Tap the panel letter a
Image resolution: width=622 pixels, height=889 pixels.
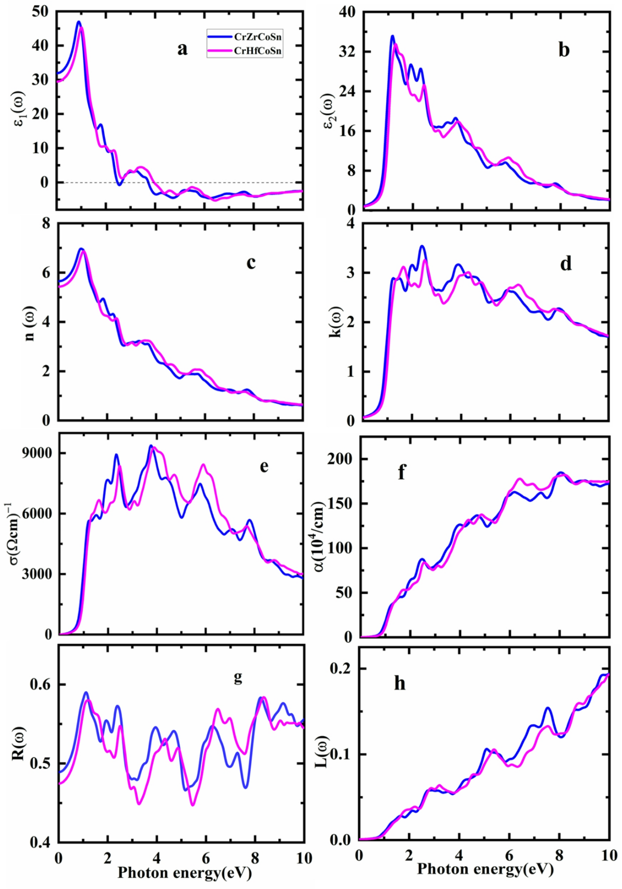click(182, 49)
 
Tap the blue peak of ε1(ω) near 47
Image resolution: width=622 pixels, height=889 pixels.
click(79, 22)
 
